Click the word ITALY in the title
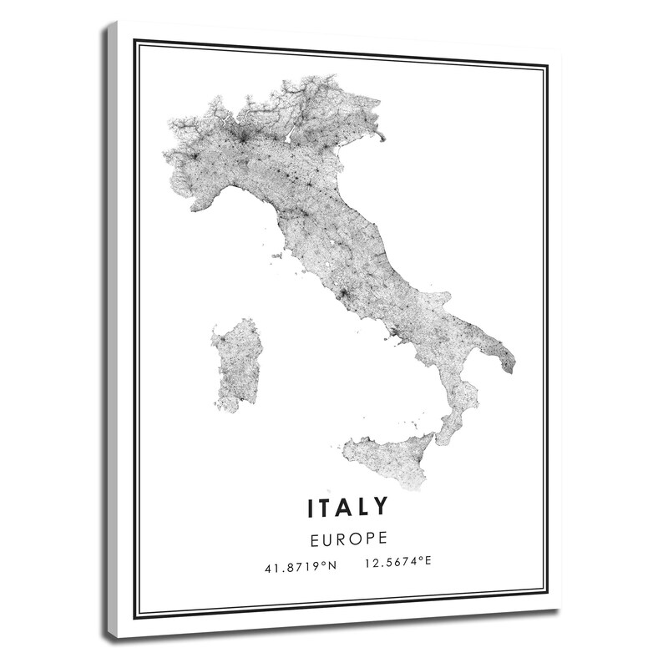coord(349,507)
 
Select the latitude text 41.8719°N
coord(300,566)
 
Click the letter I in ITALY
coord(312,507)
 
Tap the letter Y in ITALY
coord(381,507)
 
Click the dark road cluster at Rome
coord(343,294)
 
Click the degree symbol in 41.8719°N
coord(326,564)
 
